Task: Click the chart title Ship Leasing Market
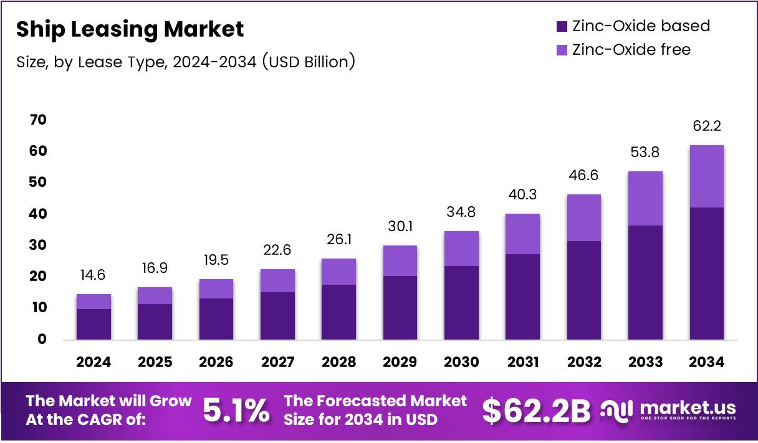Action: tap(130, 29)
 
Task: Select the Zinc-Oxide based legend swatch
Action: tap(561, 27)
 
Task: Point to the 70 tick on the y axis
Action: tap(38, 120)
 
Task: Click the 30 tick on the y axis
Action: tap(38, 245)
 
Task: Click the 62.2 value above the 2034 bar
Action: tap(706, 126)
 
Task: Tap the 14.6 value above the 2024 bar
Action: tap(94, 275)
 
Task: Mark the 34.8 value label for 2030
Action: tap(461, 212)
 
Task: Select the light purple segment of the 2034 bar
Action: tap(706, 176)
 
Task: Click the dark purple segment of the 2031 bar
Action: tap(522, 296)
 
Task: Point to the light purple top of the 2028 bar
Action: tap(338, 272)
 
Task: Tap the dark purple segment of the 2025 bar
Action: tap(155, 322)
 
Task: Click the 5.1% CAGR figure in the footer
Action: tap(237, 410)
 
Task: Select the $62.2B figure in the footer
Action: tap(536, 410)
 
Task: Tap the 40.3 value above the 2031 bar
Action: tap(522, 195)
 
